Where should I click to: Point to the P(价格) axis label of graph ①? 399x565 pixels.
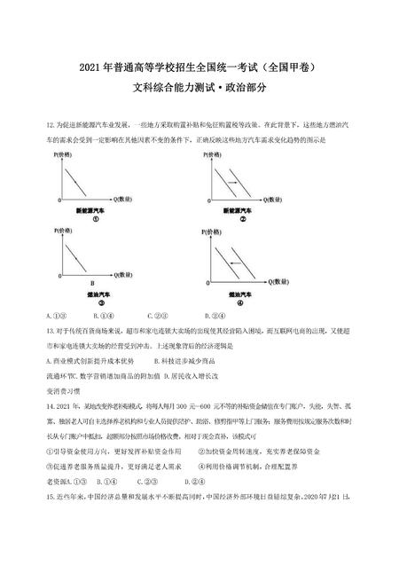coord(62,154)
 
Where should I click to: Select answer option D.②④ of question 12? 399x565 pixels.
coord(214,314)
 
